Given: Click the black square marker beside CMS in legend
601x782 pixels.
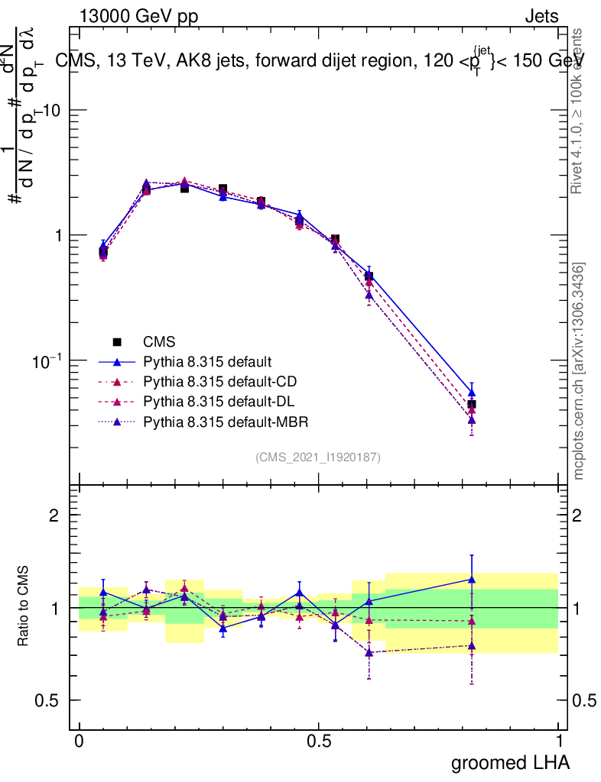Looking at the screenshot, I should click(117, 342).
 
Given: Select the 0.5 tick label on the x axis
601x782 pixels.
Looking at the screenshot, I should click(319, 742).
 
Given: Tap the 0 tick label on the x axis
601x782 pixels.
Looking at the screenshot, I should click(79, 742).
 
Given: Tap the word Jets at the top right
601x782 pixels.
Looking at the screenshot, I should click(541, 17).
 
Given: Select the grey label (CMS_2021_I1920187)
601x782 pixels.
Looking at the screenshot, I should click(318, 457).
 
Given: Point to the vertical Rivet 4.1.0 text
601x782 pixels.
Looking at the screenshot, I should click(579, 111).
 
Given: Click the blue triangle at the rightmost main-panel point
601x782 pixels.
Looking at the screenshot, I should click(472, 393).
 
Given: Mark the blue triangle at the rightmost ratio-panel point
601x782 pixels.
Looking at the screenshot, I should click(472, 580).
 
